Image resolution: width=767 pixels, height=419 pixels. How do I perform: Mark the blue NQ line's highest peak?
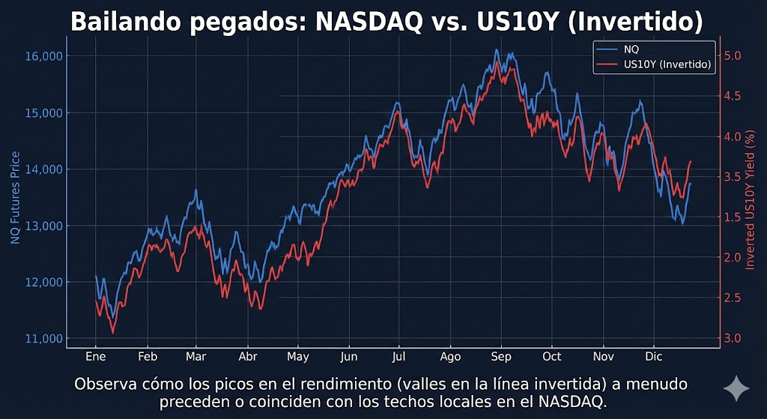(x=497, y=50)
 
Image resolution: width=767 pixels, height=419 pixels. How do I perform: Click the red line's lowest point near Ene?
(x=112, y=332)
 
